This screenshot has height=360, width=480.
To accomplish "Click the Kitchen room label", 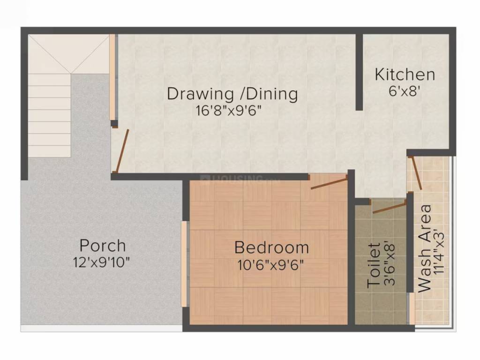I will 405,75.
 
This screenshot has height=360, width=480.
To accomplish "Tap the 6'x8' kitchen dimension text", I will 404,91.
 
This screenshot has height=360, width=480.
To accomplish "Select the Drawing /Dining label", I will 232,94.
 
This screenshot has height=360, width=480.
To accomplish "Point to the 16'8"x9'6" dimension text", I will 228,111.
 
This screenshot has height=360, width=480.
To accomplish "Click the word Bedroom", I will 271,247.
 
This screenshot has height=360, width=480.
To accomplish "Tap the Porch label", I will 102,245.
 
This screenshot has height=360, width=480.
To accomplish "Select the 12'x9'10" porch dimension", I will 101,262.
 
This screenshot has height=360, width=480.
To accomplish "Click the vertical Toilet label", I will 374,265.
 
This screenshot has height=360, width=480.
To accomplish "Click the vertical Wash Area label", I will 424,248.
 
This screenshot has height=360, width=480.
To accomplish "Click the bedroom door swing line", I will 329,183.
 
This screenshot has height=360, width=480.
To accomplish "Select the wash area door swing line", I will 416,173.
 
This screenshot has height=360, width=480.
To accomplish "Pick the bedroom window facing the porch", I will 185,264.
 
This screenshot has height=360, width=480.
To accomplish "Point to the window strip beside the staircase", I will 112,77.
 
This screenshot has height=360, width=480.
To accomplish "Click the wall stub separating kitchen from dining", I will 359,73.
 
